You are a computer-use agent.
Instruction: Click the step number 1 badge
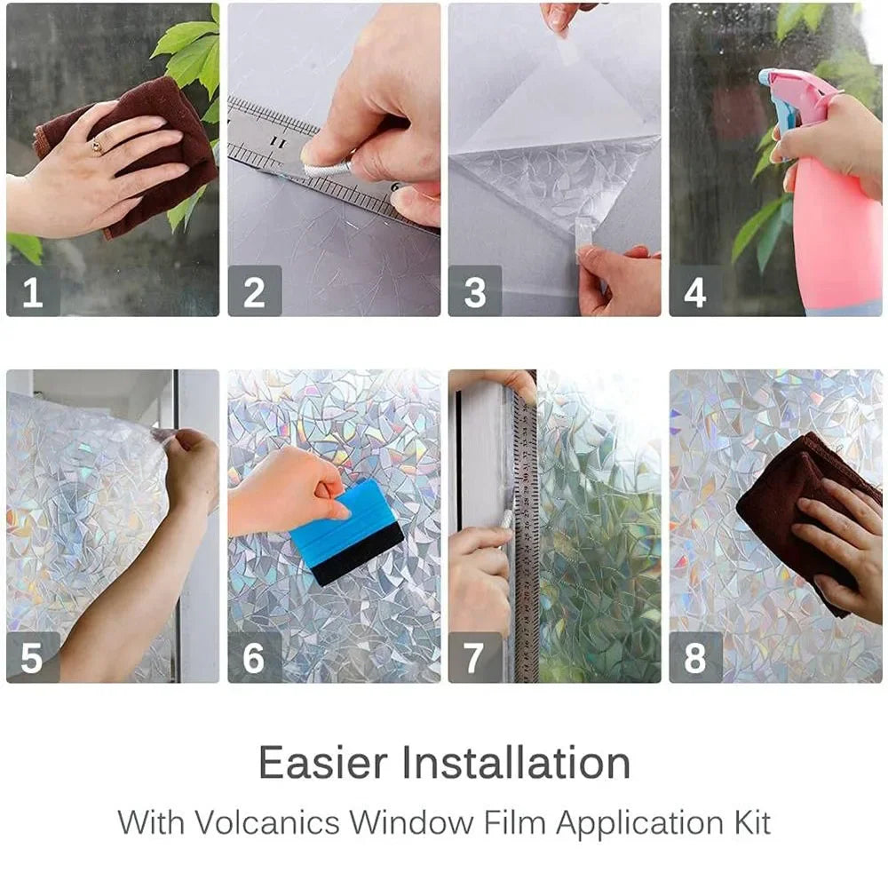[x=33, y=290]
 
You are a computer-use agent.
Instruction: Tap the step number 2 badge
[x=254, y=290]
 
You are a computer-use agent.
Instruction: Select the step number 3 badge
[x=474, y=290]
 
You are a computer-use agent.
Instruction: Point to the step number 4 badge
[x=695, y=290]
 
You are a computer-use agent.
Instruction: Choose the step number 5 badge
[x=33, y=657]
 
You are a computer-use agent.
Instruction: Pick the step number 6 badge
[x=254, y=657]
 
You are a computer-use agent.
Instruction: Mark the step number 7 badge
[x=474, y=657]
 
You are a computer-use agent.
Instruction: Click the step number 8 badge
[x=695, y=657]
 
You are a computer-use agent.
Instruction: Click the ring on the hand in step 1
[x=97, y=147]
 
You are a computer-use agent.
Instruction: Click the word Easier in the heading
[x=323, y=763]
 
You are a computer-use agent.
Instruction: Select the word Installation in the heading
[x=517, y=763]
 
